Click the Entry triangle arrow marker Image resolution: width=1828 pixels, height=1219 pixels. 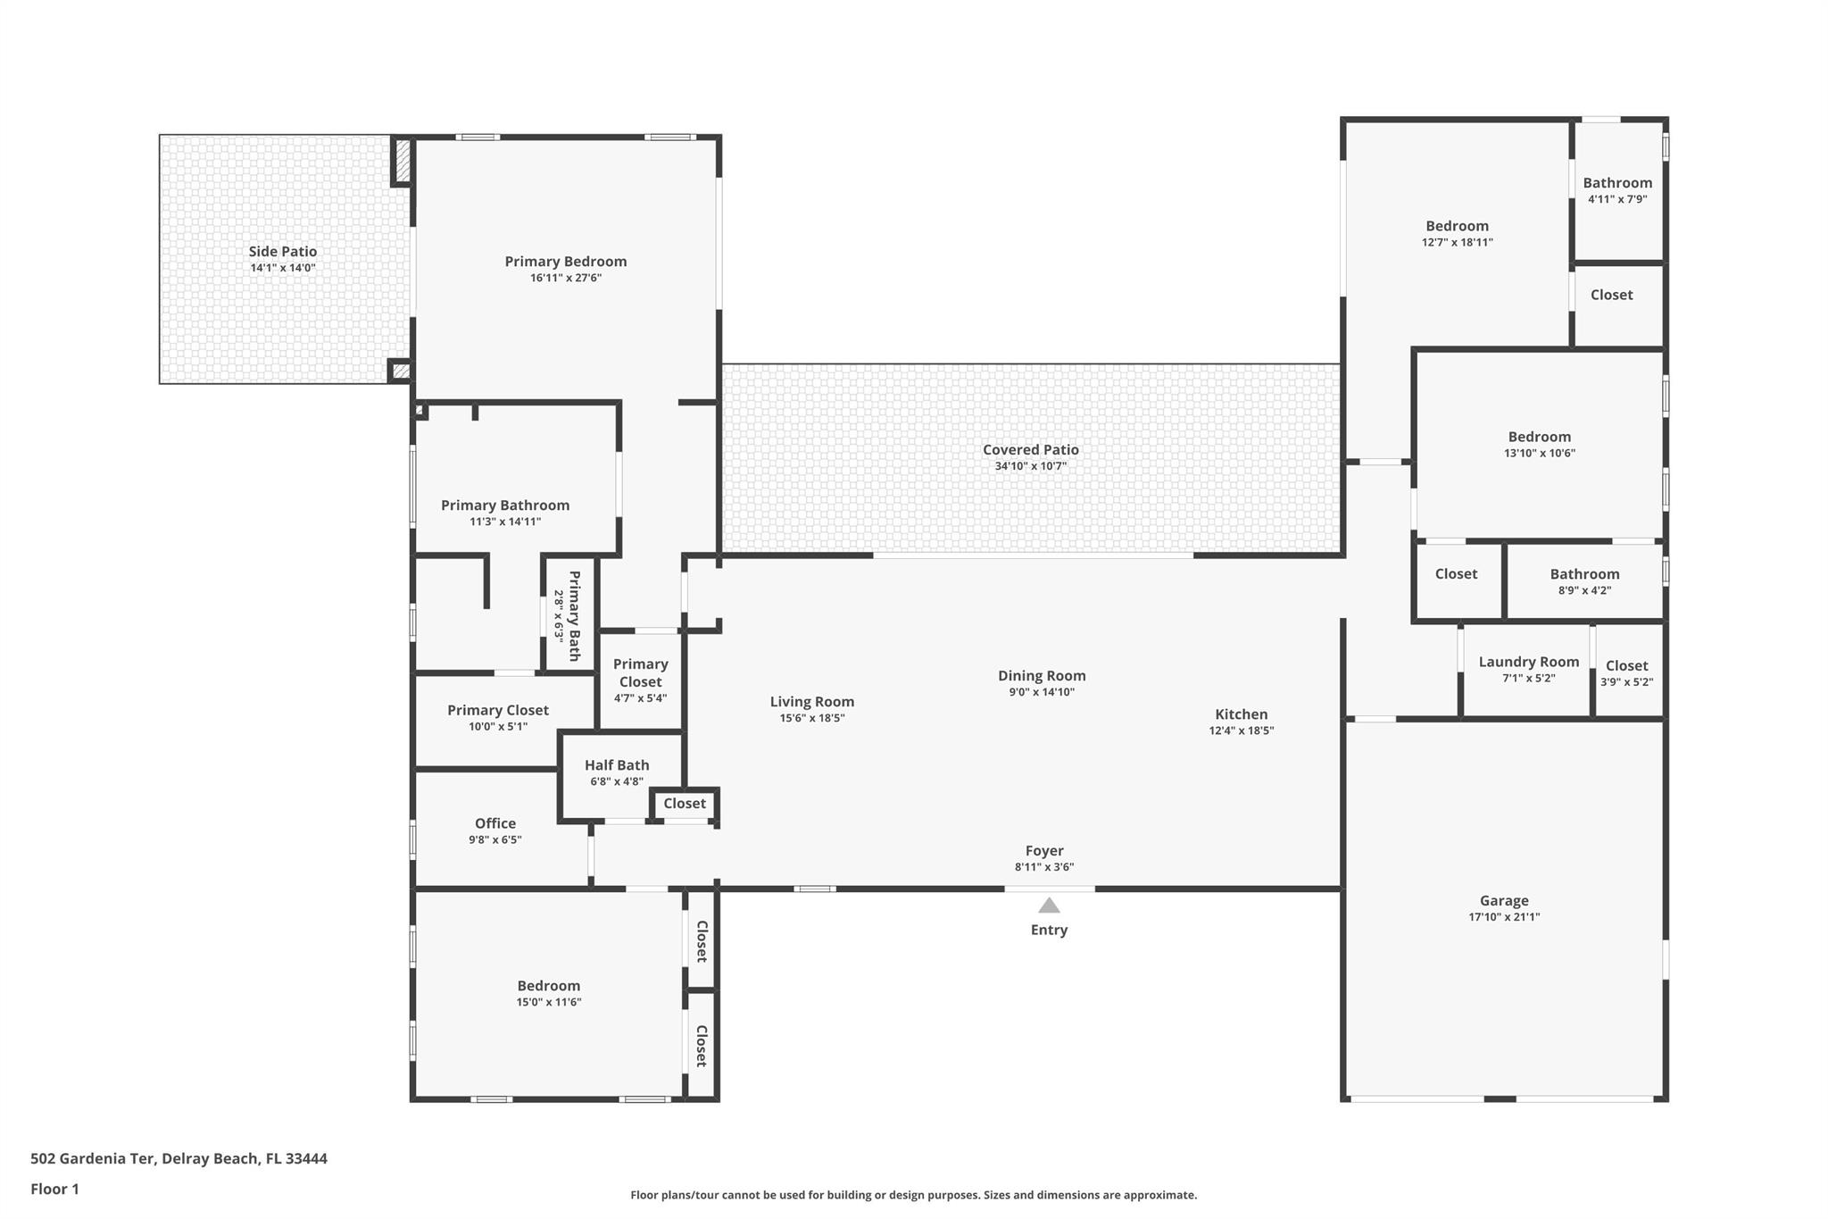coord(1049,906)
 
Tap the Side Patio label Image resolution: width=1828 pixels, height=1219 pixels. coord(282,252)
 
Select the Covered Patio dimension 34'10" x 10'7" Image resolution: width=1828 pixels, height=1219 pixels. coord(1030,466)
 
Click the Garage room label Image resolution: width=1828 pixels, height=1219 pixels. coord(1504,901)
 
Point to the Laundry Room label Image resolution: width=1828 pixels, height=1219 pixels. coord(1528,662)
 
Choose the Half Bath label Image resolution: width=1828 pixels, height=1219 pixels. coord(617,765)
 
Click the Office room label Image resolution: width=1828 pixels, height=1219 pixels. coord(495,823)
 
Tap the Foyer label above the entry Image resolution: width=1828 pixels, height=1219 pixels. coord(1043,851)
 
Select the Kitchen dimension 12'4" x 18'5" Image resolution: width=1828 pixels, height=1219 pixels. coord(1241,731)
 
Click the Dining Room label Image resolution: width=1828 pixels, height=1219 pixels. coord(1041,676)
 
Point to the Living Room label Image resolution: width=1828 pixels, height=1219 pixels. coord(811,702)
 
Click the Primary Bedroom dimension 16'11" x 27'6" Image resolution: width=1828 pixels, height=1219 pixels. coord(566,278)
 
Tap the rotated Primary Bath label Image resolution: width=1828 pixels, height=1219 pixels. coord(574,615)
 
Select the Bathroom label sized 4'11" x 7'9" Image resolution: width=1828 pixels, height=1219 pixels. coord(1617,183)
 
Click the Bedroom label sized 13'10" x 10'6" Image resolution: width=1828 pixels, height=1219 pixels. coord(1539,437)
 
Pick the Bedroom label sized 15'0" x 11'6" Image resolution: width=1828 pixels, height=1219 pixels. coord(548,986)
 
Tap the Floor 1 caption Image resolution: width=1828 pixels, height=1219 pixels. coord(54,1189)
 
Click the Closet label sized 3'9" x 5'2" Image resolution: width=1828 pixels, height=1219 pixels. coord(1626,665)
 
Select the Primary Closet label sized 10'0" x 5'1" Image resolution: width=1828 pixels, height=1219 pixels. coord(497,710)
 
